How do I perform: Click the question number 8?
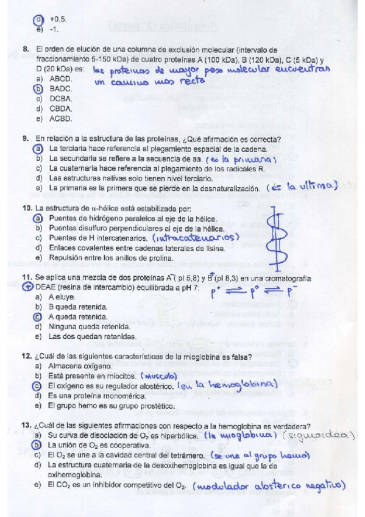pyautogui.click(x=25, y=49)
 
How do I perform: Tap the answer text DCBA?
pyautogui.click(x=61, y=98)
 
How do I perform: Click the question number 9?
pyautogui.click(x=25, y=139)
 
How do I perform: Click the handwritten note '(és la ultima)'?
pyautogui.click(x=302, y=187)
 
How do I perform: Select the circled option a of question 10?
pyautogui.click(x=38, y=219)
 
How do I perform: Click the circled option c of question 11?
pyautogui.click(x=38, y=317)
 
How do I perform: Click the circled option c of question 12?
pyautogui.click(x=38, y=386)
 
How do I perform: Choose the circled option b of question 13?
pyautogui.click(x=38, y=446)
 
